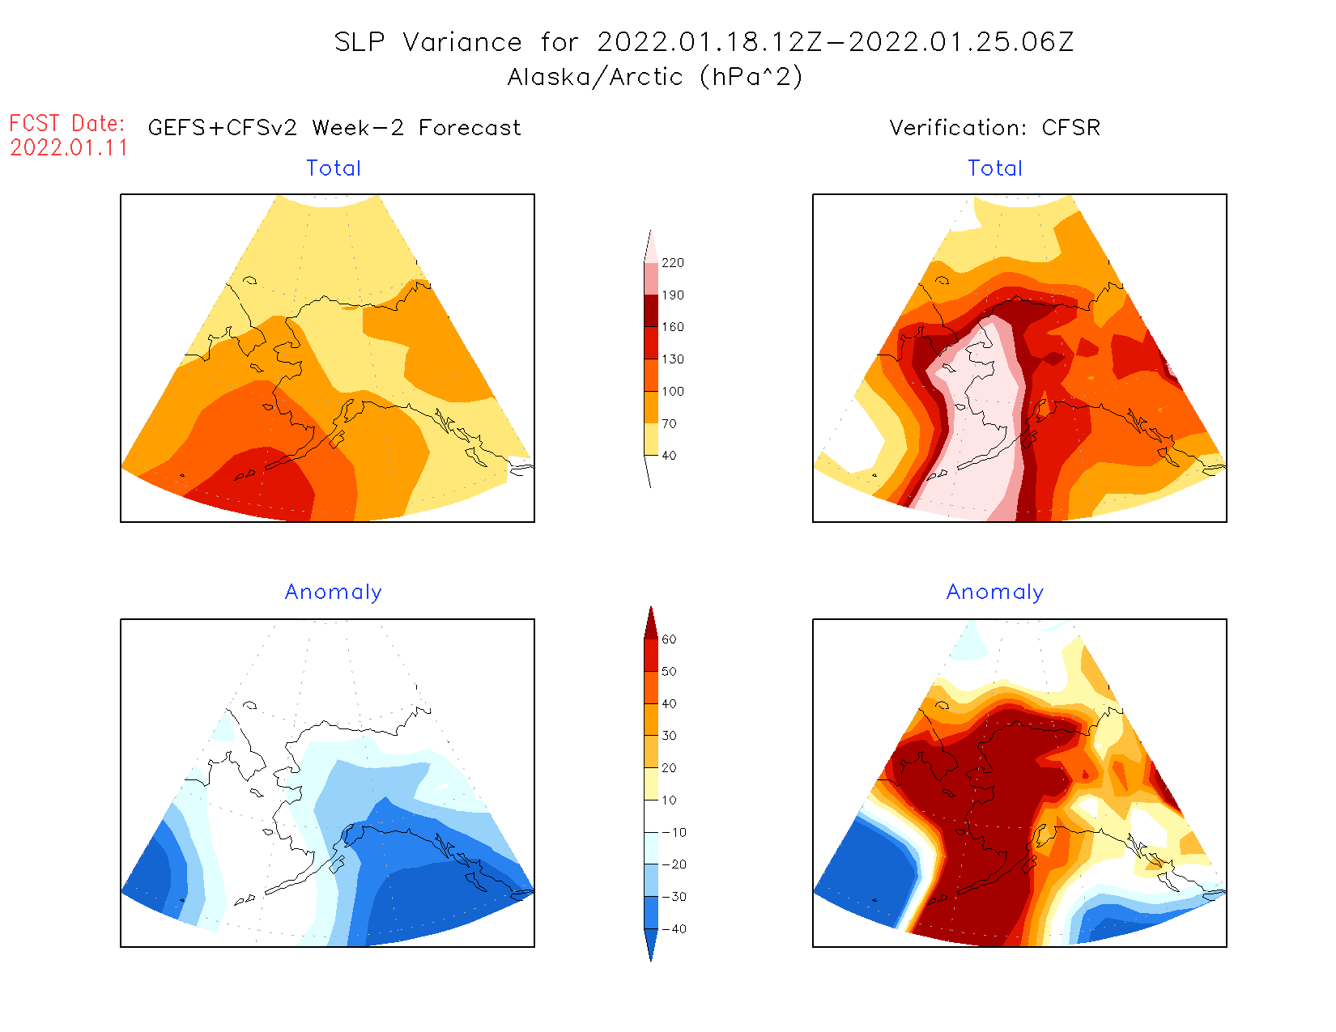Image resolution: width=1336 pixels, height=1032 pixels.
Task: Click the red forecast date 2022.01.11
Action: tap(69, 148)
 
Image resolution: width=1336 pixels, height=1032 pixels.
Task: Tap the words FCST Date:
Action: tap(67, 123)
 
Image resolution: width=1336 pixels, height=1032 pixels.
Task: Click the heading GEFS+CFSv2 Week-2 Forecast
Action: tap(334, 128)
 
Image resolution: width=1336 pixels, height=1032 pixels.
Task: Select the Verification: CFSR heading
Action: tap(994, 128)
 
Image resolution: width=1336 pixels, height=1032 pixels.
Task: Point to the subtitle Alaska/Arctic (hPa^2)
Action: tap(655, 77)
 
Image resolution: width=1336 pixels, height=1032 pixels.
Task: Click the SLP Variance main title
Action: tap(704, 42)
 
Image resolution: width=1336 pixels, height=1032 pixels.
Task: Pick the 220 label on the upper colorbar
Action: tap(672, 263)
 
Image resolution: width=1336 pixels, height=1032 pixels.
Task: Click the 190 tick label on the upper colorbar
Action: tap(672, 295)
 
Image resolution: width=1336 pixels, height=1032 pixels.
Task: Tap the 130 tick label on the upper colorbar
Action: tap(672, 359)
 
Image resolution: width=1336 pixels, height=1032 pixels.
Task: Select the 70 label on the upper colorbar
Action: tap(669, 423)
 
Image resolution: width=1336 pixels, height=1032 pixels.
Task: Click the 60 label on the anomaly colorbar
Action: tap(669, 639)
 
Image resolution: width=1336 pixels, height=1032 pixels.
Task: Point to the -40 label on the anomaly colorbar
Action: tap(674, 929)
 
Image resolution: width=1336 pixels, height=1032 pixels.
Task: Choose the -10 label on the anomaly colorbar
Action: tap(674, 832)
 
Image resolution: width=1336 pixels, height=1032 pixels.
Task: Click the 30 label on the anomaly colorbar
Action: tap(669, 736)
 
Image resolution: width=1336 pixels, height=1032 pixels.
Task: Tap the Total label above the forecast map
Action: tap(334, 168)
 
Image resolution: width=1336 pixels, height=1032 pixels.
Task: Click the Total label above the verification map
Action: tap(995, 168)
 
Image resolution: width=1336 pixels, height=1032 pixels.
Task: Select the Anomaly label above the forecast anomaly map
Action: tap(334, 592)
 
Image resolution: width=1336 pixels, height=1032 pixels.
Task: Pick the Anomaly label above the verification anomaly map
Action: tap(995, 592)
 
